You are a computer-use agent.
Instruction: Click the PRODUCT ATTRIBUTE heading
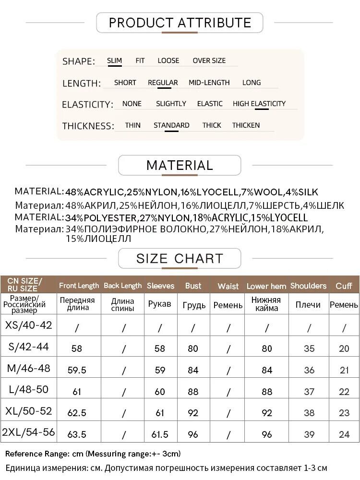[180, 23]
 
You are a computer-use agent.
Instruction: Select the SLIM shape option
[114, 61]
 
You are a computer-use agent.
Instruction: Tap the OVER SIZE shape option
[209, 61]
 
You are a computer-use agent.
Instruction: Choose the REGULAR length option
[163, 83]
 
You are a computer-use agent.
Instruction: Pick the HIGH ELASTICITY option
[259, 104]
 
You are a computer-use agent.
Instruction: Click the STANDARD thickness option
[171, 125]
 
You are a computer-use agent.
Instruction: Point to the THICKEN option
[246, 125]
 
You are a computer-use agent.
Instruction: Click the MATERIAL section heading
[180, 166]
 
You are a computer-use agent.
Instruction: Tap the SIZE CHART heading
[180, 259]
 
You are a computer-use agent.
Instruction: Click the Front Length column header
[79, 286]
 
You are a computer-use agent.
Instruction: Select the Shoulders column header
[308, 286]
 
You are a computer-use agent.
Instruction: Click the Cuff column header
[344, 286]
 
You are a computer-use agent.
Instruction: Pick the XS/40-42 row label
[28, 325]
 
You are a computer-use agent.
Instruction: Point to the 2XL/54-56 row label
[28, 432]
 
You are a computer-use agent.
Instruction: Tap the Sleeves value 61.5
[160, 434]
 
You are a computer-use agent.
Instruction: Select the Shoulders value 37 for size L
[309, 392]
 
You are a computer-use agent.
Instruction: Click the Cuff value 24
[344, 434]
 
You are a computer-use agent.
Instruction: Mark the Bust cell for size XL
[193, 413]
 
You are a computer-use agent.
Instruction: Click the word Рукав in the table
[160, 304]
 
